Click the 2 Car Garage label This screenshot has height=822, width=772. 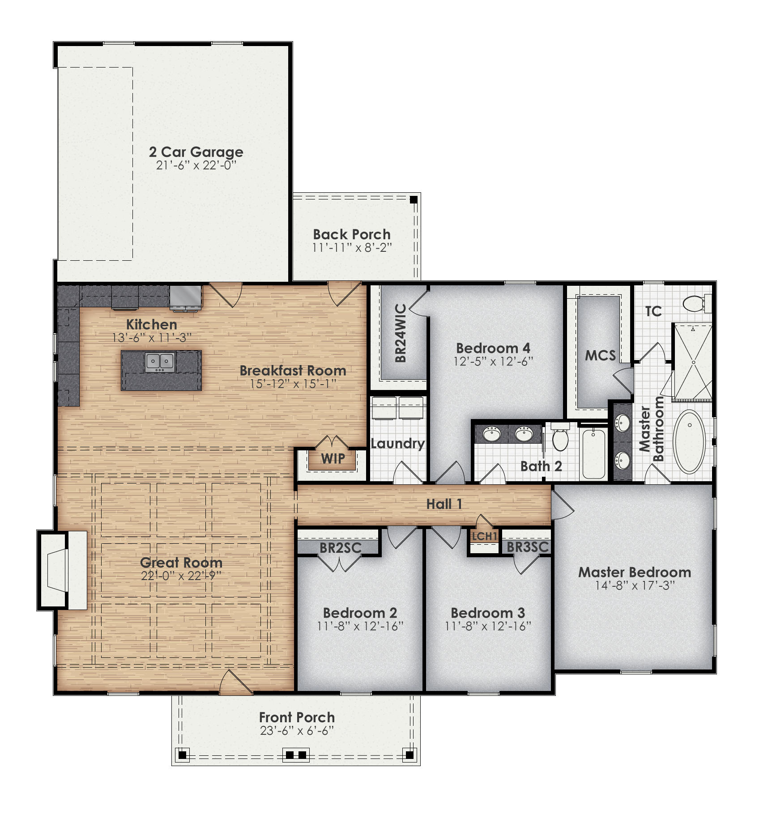click(x=196, y=152)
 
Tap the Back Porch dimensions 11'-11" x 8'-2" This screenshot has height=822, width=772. click(x=352, y=248)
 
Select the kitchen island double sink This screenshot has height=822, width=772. click(x=160, y=362)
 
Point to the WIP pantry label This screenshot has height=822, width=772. click(x=333, y=458)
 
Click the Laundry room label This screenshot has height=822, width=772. click(x=397, y=444)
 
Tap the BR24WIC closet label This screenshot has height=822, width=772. click(x=401, y=333)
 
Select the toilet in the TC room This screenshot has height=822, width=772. click(x=695, y=304)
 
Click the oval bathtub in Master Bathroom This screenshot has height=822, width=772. click(x=689, y=441)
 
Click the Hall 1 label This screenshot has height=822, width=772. click(x=444, y=504)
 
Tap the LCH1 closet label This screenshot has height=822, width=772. click(x=484, y=536)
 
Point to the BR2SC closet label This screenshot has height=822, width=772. click(x=340, y=548)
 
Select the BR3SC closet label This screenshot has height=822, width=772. click(x=527, y=547)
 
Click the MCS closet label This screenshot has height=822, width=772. click(x=600, y=356)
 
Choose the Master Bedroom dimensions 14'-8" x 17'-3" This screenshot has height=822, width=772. click(x=635, y=586)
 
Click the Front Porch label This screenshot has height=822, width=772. click(x=297, y=718)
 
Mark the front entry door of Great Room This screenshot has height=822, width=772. click(x=236, y=683)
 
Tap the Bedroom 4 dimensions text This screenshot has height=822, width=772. click(x=493, y=361)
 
